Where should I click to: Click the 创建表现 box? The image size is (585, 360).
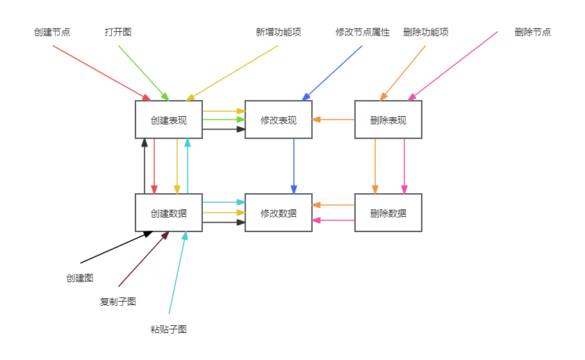169,120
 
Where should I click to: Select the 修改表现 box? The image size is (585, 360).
279,120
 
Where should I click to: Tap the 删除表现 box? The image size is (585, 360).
388,120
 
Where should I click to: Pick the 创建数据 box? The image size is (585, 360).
169,213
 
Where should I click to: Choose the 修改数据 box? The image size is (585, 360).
279,213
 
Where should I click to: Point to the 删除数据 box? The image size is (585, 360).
388,213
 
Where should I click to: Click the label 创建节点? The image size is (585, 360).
52,32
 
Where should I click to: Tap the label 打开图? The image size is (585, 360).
118,32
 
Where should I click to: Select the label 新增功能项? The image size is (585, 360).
278,32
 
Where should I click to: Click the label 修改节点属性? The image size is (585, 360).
363,32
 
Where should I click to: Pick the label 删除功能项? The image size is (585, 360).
426,32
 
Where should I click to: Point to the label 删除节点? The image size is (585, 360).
533,32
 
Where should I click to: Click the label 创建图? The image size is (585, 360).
80,278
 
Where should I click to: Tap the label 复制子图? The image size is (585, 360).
118,302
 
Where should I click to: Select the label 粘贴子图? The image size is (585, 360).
169,329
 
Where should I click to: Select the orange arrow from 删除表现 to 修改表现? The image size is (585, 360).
333,120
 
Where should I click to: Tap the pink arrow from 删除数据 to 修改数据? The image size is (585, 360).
333,220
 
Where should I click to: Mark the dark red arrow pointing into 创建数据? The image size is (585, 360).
142,259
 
